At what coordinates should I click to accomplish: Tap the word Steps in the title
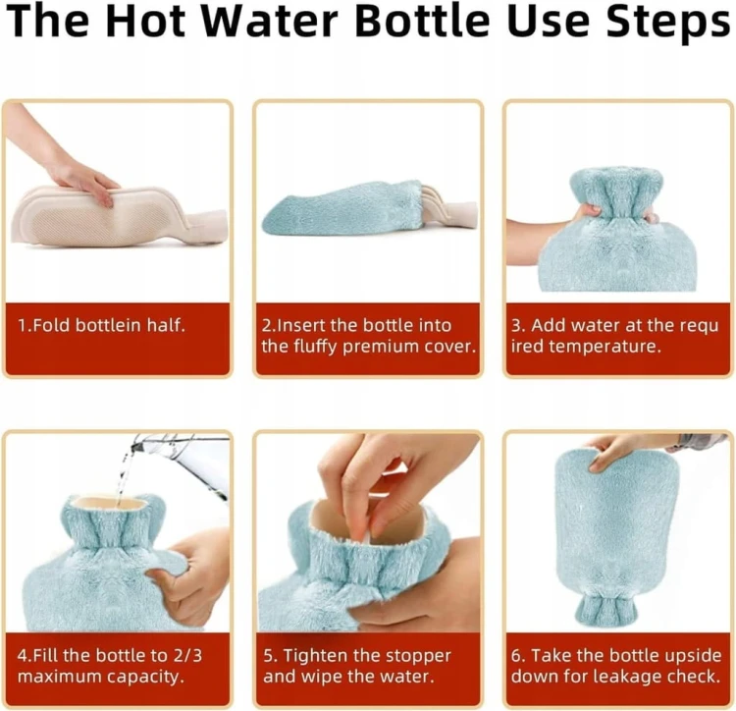tap(667, 23)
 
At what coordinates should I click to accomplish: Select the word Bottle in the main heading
tap(422, 21)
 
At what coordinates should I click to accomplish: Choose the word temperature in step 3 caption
tap(605, 347)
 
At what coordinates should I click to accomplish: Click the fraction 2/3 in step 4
tap(187, 655)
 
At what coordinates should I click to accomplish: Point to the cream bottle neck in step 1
tap(206, 226)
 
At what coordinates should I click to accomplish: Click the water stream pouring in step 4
tap(124, 475)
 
